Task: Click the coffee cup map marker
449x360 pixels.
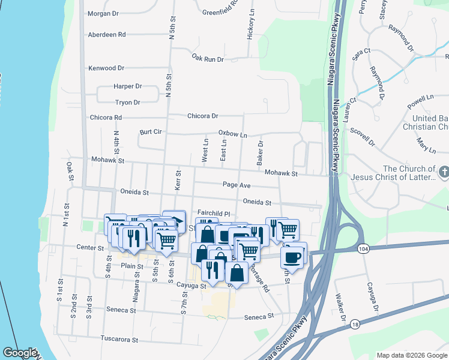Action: [x=293, y=256]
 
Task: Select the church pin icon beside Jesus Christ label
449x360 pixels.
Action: [x=443, y=173]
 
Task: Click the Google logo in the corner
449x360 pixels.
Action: [x=20, y=353]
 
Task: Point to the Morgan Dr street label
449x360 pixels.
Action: [x=104, y=13]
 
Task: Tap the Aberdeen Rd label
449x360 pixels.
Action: [x=106, y=35]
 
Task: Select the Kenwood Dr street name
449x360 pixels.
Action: [x=106, y=68]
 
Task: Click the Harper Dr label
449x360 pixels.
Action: [x=127, y=86]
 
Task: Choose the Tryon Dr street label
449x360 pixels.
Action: [x=127, y=103]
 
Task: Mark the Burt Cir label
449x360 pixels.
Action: [x=151, y=131]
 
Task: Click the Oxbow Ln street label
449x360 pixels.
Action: [x=232, y=134]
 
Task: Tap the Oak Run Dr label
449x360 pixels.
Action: [x=208, y=59]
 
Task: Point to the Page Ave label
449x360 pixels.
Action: [x=236, y=185]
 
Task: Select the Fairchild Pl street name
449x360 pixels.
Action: [x=214, y=213]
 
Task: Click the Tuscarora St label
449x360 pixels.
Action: [x=119, y=339]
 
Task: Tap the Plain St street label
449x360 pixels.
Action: [x=132, y=265]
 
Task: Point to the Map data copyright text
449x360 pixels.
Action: [x=412, y=355]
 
